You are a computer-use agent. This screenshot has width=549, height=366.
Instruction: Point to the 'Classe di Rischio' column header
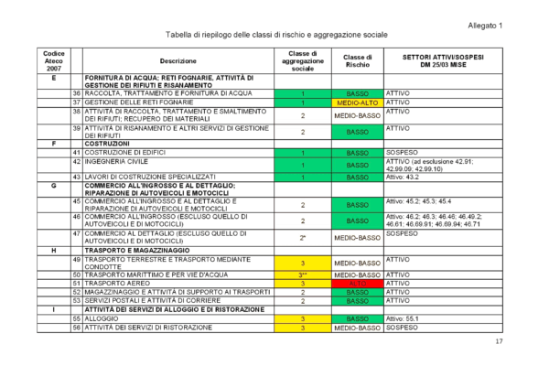(x=357, y=61)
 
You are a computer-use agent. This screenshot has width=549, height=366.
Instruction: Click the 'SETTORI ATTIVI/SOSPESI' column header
(x=439, y=61)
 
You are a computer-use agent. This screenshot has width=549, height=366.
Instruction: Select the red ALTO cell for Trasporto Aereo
(x=357, y=285)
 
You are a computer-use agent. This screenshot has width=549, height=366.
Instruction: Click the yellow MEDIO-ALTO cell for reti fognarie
(x=357, y=102)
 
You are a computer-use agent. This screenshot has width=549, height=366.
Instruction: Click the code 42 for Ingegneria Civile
(x=78, y=161)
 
